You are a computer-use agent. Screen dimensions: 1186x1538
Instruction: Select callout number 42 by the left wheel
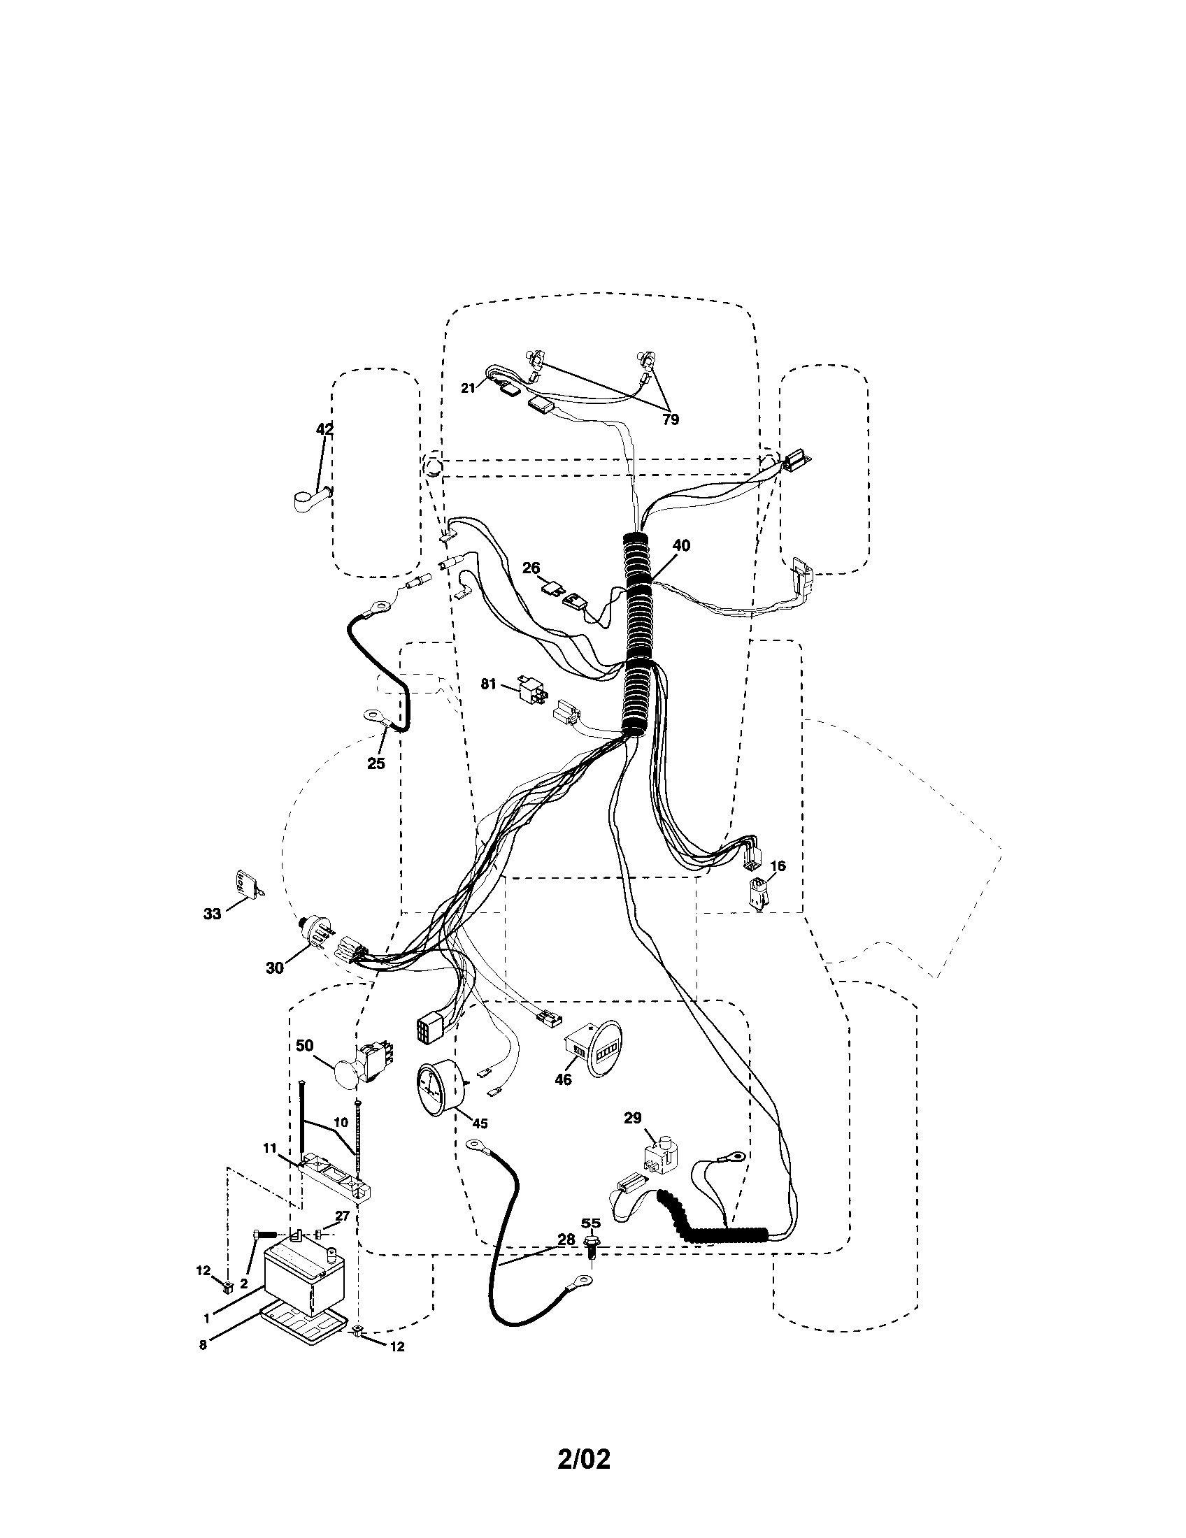coord(324,429)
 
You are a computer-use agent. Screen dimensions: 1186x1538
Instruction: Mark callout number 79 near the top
coord(671,419)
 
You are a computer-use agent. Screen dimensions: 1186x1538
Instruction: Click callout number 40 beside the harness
coord(681,545)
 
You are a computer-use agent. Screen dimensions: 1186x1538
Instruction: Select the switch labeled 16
coord(758,896)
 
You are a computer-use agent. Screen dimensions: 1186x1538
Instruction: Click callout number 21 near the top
coord(469,388)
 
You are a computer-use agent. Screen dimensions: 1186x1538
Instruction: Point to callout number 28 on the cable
coord(566,1239)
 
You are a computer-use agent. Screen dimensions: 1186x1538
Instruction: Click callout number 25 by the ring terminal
coord(376,763)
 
